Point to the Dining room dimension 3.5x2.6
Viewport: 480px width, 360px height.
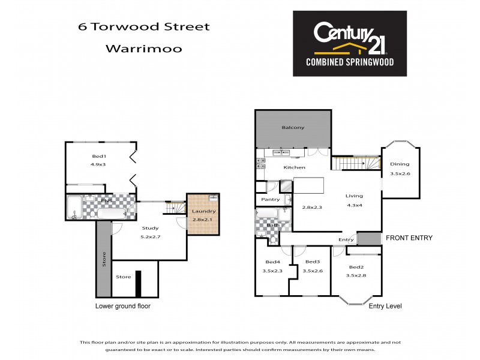coord(400,173)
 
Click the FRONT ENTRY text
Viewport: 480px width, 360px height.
coord(409,238)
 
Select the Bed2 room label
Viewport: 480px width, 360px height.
coord(356,267)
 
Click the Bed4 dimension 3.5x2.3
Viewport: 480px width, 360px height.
coord(273,271)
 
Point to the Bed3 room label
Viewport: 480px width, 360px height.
coord(312,262)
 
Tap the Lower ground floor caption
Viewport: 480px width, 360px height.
coord(123,306)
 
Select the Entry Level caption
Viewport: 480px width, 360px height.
coord(385,306)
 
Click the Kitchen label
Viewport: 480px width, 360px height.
coord(295,167)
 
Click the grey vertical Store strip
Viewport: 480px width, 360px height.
coord(103,259)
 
